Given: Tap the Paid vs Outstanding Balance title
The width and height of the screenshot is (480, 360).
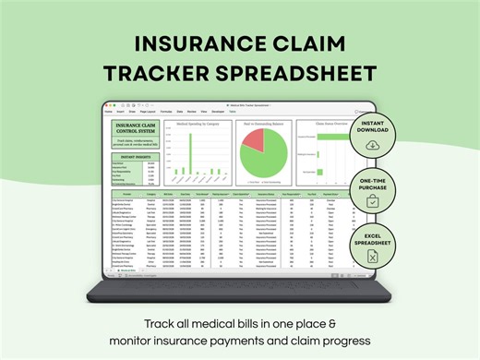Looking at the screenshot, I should (262, 123).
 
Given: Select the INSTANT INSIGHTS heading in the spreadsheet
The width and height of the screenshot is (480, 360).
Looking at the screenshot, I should (133, 156).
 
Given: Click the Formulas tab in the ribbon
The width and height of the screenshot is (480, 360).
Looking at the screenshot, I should (166, 110).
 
